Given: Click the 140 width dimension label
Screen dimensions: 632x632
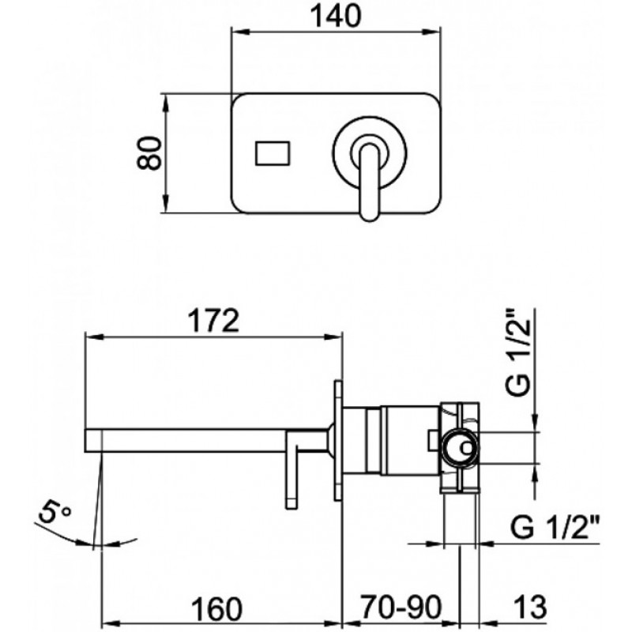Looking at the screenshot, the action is (x=336, y=17).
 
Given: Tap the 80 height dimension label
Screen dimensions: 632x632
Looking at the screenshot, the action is (x=149, y=153).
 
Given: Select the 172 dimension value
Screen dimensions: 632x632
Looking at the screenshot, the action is (x=214, y=321).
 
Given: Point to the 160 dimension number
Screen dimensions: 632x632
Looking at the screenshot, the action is (x=216, y=608).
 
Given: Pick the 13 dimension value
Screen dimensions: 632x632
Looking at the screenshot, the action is (x=530, y=607).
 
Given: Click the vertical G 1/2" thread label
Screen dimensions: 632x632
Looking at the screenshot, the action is (x=517, y=352).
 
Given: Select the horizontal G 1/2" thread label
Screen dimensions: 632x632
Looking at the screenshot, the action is (x=555, y=527).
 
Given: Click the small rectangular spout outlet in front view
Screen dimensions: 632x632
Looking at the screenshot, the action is (x=273, y=153).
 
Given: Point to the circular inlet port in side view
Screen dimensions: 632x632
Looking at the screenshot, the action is (x=461, y=447).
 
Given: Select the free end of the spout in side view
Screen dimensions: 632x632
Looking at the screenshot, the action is (x=85, y=441).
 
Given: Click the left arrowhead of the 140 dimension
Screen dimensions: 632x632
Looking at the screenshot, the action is (x=239, y=32).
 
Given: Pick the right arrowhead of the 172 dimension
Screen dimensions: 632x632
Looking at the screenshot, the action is (x=334, y=337).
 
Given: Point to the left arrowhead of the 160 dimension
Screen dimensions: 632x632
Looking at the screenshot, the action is (x=109, y=623).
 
